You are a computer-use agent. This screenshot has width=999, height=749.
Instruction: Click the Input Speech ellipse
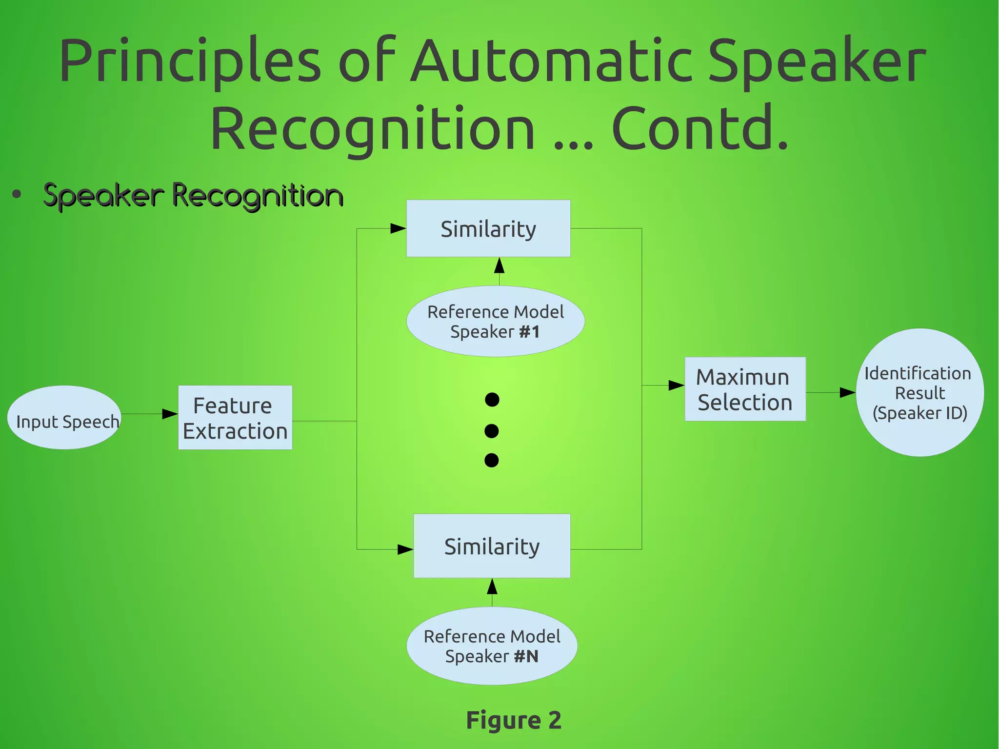(64, 418)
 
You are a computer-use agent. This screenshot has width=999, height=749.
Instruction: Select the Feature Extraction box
(235, 418)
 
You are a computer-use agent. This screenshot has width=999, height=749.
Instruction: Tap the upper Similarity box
(488, 228)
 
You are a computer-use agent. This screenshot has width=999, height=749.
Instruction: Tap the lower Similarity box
(492, 546)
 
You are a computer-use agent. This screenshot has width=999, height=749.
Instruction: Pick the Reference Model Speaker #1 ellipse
(495, 321)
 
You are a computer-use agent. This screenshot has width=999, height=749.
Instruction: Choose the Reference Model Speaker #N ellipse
(492, 646)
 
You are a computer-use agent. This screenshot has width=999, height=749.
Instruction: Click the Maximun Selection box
(745, 389)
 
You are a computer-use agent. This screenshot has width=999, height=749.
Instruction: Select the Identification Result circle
(919, 392)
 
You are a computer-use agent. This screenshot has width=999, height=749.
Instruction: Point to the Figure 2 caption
(513, 720)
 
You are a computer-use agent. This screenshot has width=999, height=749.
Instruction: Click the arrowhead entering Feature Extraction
(170, 414)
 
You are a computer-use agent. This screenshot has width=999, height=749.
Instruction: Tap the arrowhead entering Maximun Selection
(676, 385)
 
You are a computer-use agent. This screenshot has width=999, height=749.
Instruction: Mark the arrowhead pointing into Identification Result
(847, 392)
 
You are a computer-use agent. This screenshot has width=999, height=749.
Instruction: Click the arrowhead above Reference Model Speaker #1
(499, 266)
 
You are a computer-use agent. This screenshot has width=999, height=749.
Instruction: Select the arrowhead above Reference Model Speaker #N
(492, 587)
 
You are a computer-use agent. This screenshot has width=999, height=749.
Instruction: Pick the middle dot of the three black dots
(492, 431)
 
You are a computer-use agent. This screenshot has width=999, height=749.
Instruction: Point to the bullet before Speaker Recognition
(17, 195)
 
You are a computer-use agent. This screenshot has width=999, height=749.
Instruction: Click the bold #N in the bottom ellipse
(526, 656)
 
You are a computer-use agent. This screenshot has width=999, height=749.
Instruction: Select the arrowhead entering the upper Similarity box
(398, 228)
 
